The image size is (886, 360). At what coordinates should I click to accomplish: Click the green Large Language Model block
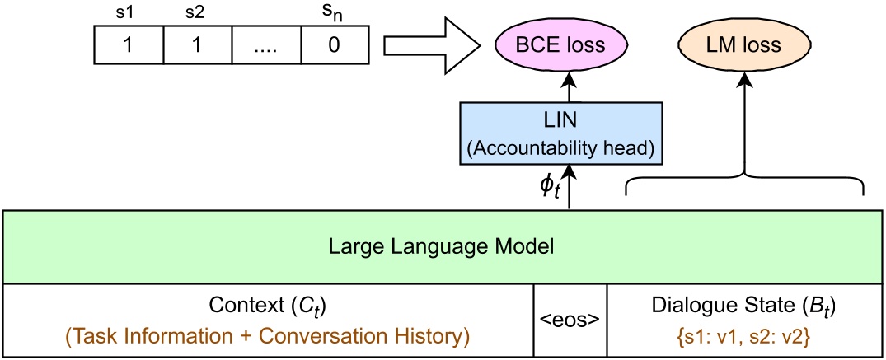coord(443,246)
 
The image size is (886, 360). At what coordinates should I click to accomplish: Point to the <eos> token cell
coord(571,320)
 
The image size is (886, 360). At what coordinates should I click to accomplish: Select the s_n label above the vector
coord(335,12)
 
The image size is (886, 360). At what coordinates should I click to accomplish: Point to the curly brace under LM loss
coord(744,183)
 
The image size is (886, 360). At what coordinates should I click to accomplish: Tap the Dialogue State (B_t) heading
coord(744,306)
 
